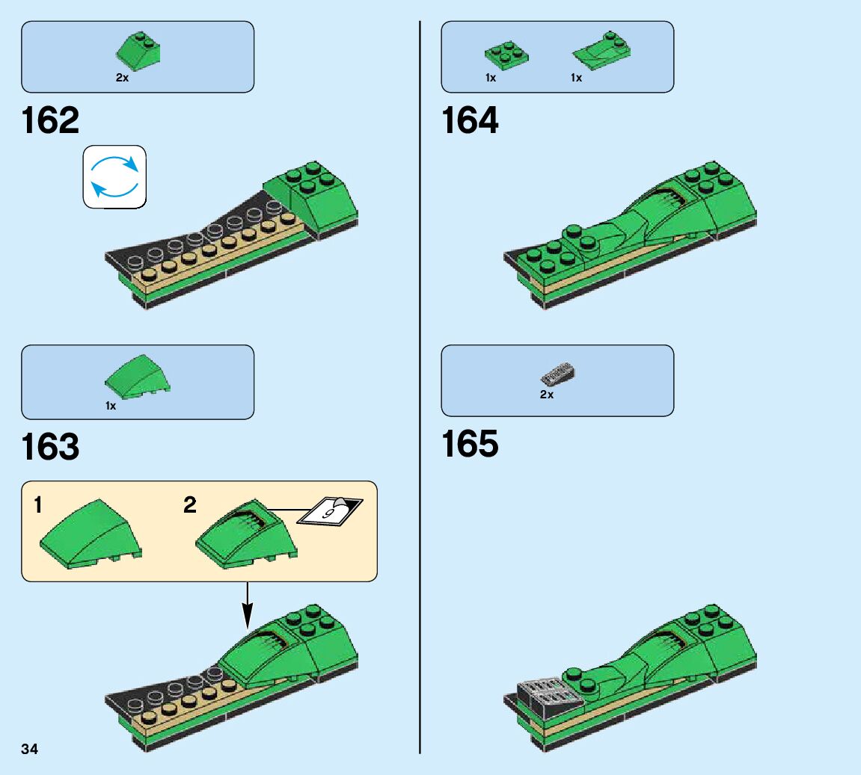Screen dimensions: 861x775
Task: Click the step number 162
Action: pyautogui.click(x=50, y=121)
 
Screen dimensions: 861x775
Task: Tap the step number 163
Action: pyautogui.click(x=50, y=447)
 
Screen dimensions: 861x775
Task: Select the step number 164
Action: pyautogui.click(x=470, y=121)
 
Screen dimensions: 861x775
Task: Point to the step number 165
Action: pyautogui.click(x=470, y=444)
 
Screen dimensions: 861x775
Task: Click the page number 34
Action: pyautogui.click(x=30, y=749)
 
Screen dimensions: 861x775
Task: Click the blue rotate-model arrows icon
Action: pyautogui.click(x=114, y=176)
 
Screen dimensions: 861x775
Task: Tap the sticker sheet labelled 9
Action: pyautogui.click(x=330, y=511)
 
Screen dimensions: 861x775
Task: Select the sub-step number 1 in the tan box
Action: pyautogui.click(x=37, y=506)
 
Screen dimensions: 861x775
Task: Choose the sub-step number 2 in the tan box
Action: pyautogui.click(x=190, y=506)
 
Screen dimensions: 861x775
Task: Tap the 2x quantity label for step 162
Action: pyautogui.click(x=122, y=78)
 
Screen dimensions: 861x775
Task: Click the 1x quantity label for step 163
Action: pyautogui.click(x=111, y=406)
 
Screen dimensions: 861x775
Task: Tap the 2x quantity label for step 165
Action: pyautogui.click(x=547, y=395)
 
